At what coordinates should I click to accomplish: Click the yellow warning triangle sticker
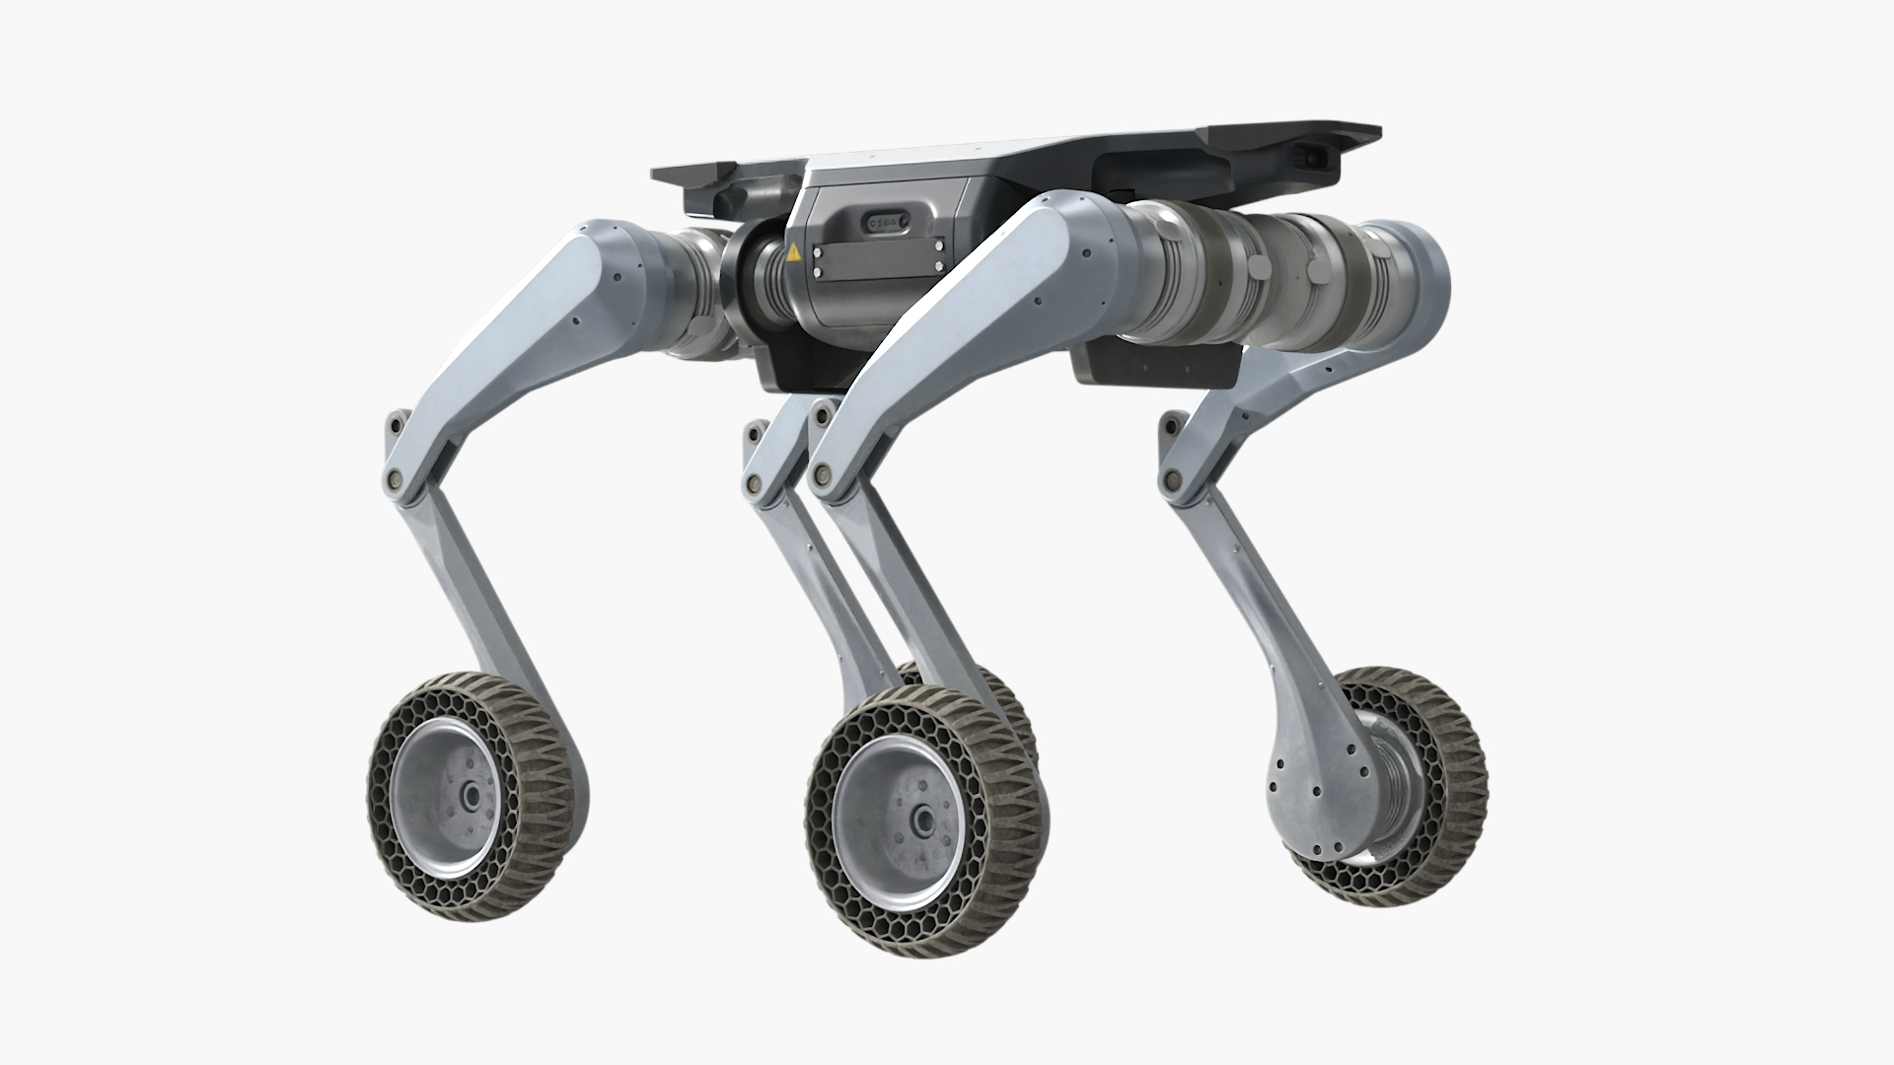(794, 252)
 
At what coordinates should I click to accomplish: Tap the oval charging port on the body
(883, 225)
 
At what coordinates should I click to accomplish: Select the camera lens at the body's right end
(1310, 155)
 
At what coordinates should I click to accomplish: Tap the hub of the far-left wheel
(471, 794)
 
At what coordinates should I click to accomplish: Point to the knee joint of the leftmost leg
(398, 477)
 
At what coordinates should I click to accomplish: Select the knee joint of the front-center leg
(822, 478)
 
